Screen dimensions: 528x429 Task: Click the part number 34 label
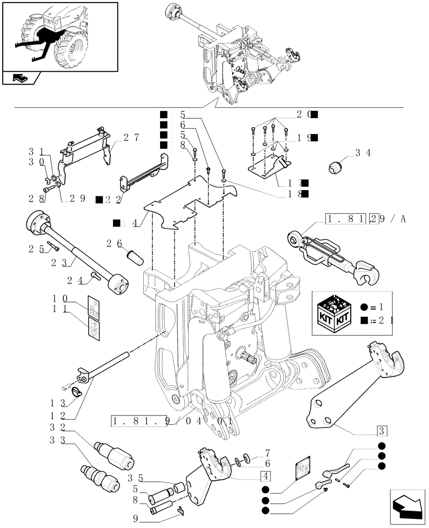[362, 154]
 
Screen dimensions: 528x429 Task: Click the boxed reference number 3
[381, 430]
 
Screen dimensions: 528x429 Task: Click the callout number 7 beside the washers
[267, 453]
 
